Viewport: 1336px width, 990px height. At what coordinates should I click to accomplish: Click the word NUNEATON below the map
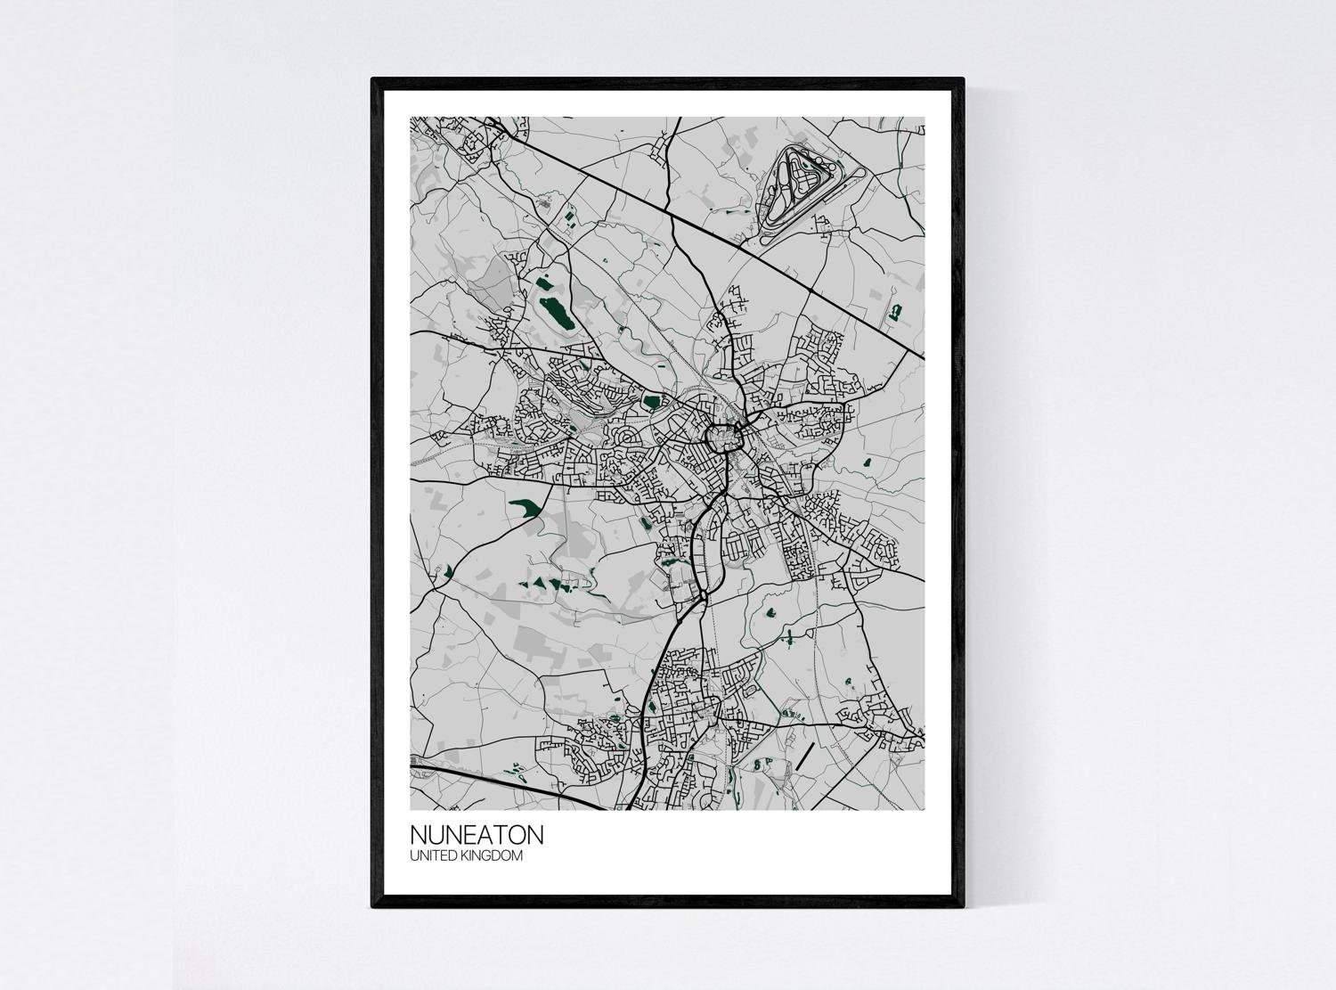coord(476,836)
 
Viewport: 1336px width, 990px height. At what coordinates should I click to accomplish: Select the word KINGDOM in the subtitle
coord(493,856)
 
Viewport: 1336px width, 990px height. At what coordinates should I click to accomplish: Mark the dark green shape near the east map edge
coord(894,312)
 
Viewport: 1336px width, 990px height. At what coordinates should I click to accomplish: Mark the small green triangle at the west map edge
coord(450,570)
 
